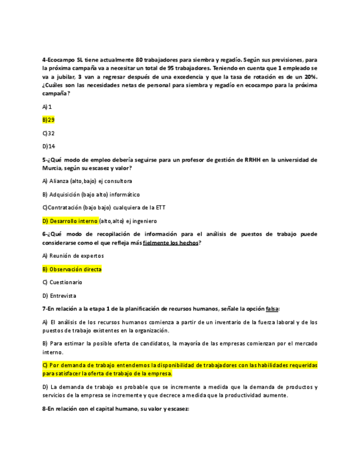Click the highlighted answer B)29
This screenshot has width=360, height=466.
(48, 119)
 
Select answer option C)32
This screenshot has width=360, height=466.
(48, 133)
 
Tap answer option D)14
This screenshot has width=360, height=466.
(49, 146)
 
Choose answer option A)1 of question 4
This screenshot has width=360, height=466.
(47, 106)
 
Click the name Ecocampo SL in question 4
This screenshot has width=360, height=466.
(62, 59)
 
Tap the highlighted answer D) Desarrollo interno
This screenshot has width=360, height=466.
(70, 221)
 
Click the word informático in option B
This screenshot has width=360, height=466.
(126, 194)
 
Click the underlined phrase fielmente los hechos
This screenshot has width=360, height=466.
(170, 242)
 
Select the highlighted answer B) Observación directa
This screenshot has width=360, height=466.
(72, 269)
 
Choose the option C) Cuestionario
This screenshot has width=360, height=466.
(62, 282)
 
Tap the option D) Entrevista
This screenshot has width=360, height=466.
(59, 296)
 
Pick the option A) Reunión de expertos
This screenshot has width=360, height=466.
(73, 256)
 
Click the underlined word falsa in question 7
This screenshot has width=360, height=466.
(272, 309)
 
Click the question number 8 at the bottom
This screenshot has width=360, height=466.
(44, 408)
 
